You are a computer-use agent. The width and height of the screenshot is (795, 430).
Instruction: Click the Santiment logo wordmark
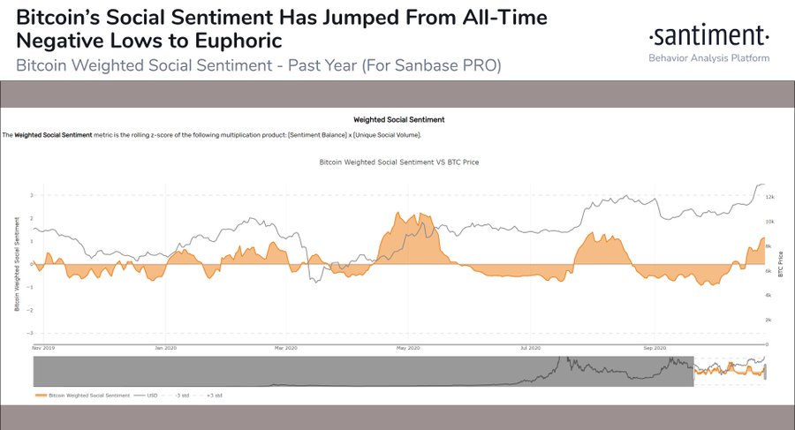(x=708, y=36)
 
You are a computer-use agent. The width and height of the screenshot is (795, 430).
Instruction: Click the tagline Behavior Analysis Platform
(x=708, y=58)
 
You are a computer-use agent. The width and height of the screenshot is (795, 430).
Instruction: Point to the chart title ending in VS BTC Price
(x=397, y=163)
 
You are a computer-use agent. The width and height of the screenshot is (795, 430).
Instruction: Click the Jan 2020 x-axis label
(x=164, y=348)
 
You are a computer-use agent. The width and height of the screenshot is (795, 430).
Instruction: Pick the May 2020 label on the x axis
(x=406, y=348)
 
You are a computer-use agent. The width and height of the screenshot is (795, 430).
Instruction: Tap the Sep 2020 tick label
(x=653, y=348)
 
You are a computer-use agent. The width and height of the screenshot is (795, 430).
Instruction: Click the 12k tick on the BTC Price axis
(x=769, y=196)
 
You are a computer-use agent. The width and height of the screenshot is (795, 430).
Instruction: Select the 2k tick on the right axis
(x=769, y=320)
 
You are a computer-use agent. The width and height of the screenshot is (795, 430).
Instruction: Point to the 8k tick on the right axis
(x=769, y=245)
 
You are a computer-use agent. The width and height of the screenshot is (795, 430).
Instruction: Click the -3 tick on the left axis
(x=30, y=333)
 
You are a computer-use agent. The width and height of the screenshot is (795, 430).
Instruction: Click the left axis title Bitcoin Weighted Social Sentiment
(x=16, y=265)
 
